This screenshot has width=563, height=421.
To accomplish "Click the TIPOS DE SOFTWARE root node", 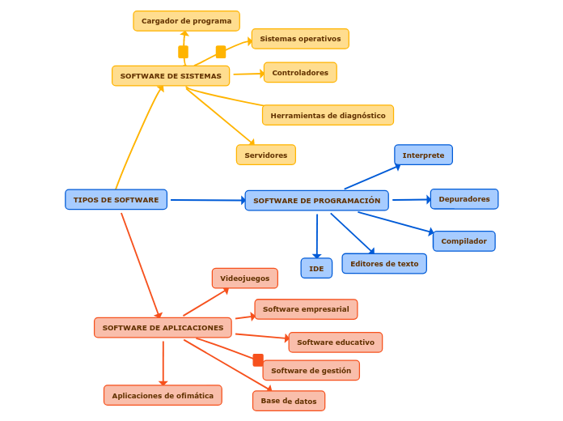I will point(116,200).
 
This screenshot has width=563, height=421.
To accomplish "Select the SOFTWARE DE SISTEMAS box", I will point(171,76).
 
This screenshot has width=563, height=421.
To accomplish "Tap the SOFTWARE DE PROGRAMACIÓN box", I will point(316,201).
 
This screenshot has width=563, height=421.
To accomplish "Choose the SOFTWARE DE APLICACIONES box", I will point(163,328).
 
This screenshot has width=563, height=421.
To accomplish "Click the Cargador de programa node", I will point(186,21).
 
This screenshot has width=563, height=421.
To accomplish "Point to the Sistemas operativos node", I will point(300,39).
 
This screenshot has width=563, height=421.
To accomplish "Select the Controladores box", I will point(300,73).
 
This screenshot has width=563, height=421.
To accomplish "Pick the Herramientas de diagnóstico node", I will point(328,116).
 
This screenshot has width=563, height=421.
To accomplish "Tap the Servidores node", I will point(265,155).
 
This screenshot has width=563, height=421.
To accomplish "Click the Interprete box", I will point(423,155).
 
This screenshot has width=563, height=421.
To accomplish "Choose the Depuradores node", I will point(464,199).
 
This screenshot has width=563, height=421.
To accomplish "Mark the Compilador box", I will point(464,241).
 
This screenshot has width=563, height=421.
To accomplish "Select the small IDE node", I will point(316,268).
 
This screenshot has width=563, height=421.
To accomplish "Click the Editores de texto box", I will point(384,264).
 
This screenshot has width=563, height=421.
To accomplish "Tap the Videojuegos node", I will point(244,279).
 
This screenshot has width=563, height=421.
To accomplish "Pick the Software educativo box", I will point(335,342).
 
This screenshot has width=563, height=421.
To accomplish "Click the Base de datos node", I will point(289,401).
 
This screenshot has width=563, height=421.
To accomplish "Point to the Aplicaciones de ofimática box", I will point(163,396).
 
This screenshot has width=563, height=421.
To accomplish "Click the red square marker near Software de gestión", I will point(258,360).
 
